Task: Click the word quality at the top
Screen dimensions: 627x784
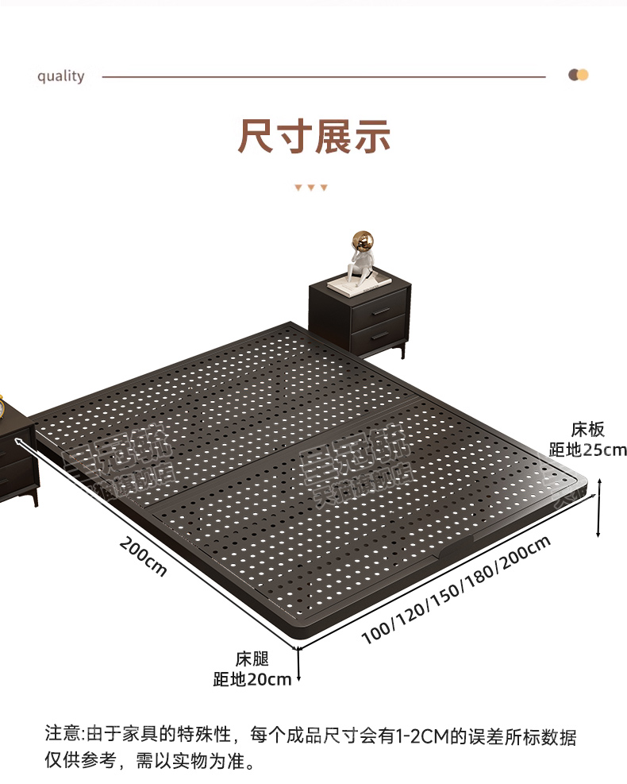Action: pyautogui.click(x=60, y=76)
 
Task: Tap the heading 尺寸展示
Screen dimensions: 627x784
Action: pyautogui.click(x=314, y=136)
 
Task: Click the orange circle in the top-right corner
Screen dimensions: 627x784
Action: pyautogui.click(x=583, y=75)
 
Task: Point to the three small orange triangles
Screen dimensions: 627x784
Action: pyautogui.click(x=311, y=187)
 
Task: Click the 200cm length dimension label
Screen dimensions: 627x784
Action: pyautogui.click(x=144, y=556)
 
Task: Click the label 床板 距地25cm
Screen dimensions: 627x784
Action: pyautogui.click(x=587, y=440)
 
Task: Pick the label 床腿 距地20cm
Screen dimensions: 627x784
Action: pyautogui.click(x=252, y=669)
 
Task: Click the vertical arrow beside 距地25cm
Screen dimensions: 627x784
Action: pyautogui.click(x=598, y=508)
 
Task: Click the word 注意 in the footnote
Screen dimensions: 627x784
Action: pyautogui.click(x=63, y=736)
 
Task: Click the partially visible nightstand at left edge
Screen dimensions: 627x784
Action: pyautogui.click(x=15, y=452)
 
